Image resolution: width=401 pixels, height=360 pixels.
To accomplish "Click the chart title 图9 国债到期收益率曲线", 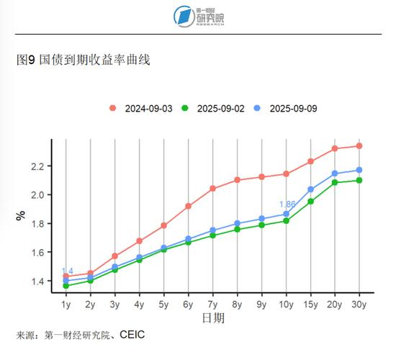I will tap(83, 60).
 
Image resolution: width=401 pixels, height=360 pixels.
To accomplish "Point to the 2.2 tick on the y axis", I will tap(37, 166).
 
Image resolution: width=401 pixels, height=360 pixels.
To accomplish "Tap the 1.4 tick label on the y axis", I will tap(37, 281).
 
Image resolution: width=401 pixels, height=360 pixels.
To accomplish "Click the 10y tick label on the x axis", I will tap(286, 305).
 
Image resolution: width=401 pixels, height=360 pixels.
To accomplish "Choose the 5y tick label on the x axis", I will tap(163, 305).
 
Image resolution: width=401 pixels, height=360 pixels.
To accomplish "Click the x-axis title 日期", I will tap(212, 318).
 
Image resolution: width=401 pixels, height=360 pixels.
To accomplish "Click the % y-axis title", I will tap(21, 215).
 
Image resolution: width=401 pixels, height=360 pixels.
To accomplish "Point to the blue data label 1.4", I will tap(67, 271).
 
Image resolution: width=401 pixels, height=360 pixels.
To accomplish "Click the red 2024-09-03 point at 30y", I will tap(359, 146).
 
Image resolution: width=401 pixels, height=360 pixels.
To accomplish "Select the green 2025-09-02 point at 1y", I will tap(66, 286).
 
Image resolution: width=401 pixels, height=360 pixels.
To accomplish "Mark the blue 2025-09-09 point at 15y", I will tap(310, 189).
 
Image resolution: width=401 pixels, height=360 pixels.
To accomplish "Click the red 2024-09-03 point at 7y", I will tap(212, 189).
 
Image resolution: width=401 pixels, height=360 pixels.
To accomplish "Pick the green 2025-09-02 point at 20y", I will tap(335, 182).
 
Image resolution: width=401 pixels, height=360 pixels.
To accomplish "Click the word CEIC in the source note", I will tap(133, 335).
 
